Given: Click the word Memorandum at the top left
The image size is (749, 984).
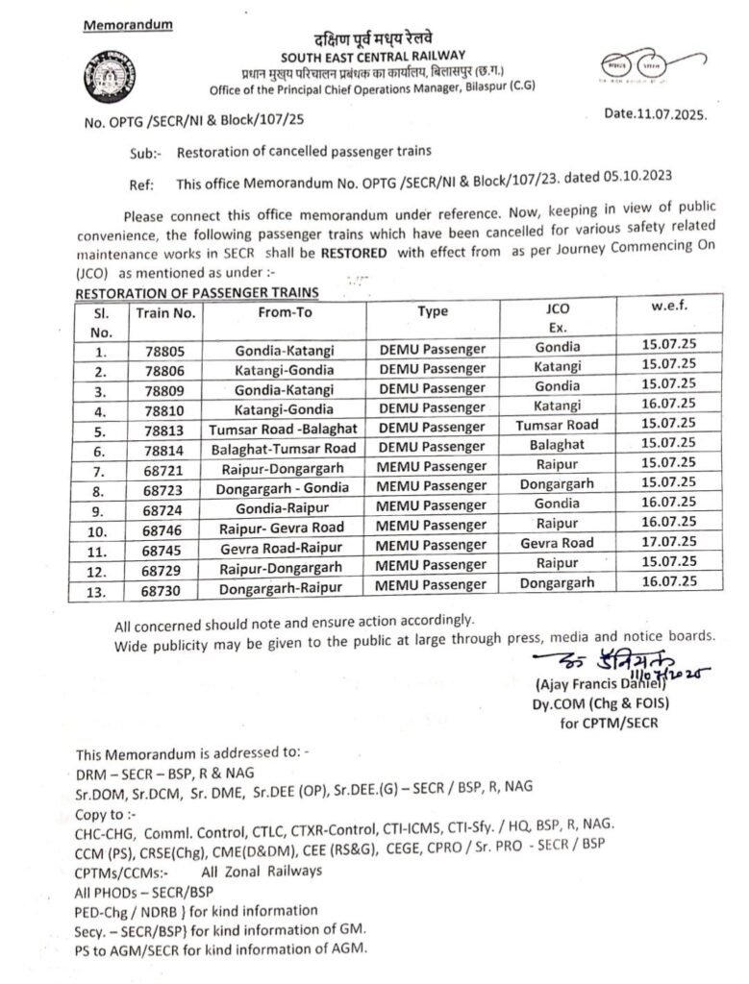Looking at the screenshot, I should pyautogui.click(x=128, y=23).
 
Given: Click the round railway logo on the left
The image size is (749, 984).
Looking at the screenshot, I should pyautogui.click(x=109, y=77).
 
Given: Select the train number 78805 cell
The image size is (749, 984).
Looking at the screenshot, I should pyautogui.click(x=166, y=350).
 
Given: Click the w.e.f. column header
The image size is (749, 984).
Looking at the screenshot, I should pyautogui.click(x=669, y=307).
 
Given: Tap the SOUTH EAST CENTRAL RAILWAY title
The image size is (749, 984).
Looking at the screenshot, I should pyautogui.click(x=374, y=56).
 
